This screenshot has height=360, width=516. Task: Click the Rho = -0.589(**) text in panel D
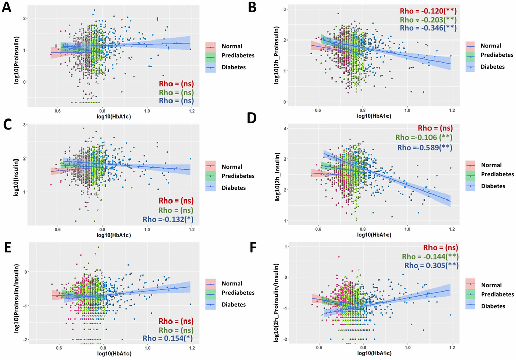click(x=424, y=148)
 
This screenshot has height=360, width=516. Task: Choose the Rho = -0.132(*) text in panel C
click(x=167, y=219)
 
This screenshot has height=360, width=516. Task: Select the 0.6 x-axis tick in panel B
click(x=318, y=110)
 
